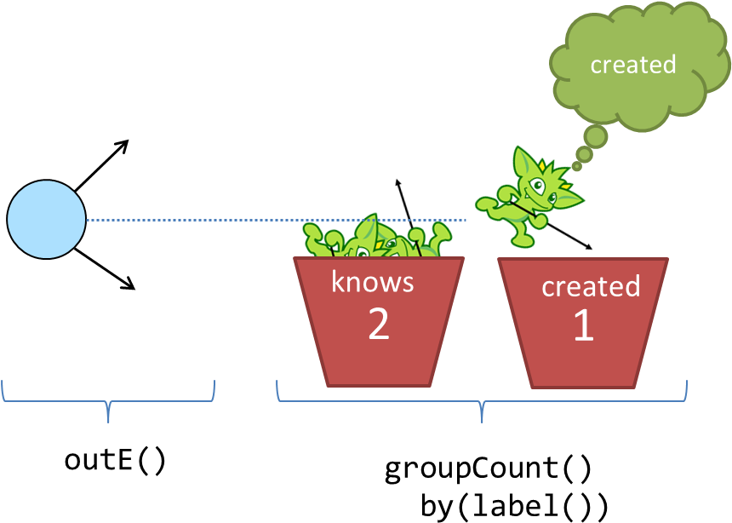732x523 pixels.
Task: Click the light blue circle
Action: (46, 219)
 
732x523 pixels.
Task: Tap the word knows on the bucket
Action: (372, 281)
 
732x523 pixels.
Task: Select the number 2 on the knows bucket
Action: (378, 324)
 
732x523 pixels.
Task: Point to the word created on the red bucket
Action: (591, 286)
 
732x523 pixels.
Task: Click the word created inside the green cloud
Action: (632, 65)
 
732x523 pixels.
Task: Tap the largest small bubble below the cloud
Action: (596, 136)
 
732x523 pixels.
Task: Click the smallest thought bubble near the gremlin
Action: (576, 167)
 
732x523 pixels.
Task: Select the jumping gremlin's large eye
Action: (537, 183)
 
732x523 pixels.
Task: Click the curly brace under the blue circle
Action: (108, 400)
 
